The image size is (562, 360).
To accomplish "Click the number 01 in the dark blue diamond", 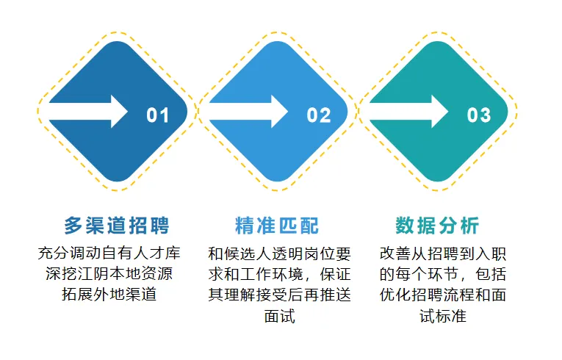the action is coord(158,115).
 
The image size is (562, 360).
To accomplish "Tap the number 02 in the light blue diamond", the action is coord(318,115).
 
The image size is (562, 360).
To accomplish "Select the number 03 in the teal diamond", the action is coord(478,115).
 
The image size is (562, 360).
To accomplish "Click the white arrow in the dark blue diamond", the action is coord(88,111).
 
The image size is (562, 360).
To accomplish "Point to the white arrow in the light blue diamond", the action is coord(248,111).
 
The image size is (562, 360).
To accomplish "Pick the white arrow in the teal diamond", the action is coord(408,111).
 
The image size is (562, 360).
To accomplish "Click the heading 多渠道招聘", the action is coord(117,226).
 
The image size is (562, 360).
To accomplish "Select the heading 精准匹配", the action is coord(277,226).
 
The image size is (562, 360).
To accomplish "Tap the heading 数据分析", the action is coord(437,226).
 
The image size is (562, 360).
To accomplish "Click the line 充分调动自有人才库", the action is coord(109,253).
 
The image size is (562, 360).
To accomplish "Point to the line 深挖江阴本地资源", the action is coord(109,273).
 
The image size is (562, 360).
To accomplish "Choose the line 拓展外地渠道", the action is coord(109,295).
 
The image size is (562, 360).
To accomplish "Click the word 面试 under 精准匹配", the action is coord(280,316).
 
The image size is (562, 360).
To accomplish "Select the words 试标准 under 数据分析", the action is coord(443,316).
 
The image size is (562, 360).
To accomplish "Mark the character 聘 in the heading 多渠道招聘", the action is coord(159,226).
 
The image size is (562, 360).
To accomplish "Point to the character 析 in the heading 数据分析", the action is coord(469,226).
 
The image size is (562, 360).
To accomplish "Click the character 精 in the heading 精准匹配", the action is coord(245,226).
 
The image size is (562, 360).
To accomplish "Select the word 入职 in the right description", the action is coord(490,254).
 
